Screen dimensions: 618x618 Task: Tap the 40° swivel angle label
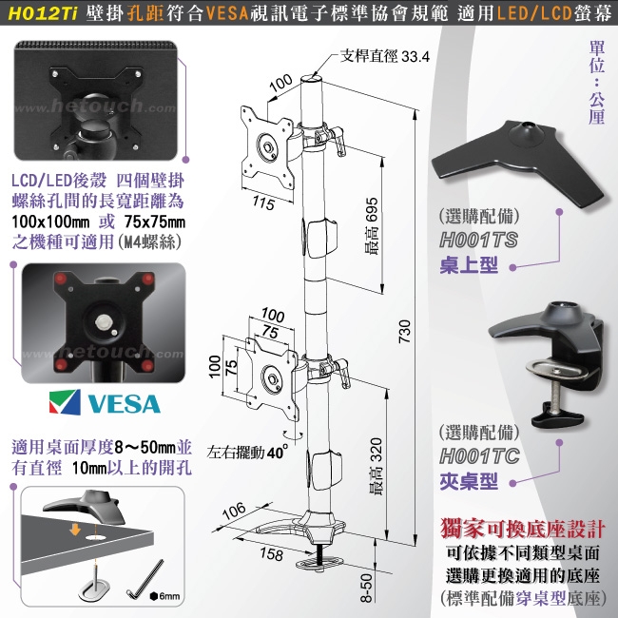click(x=276, y=453)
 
